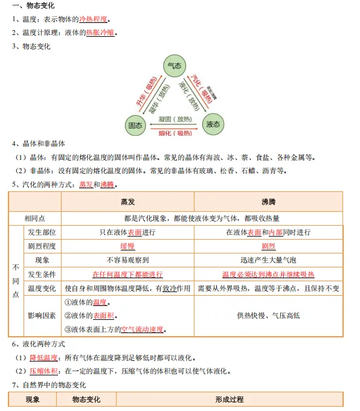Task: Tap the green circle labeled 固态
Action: click(135, 125)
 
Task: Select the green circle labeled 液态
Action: click(213, 125)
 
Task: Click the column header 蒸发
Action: click(127, 202)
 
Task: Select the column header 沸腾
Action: click(268, 202)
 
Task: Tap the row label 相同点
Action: click(34, 218)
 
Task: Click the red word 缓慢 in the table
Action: click(127, 246)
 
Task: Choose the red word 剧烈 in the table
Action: click(268, 246)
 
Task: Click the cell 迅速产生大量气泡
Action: click(268, 260)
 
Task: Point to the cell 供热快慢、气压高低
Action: click(268, 316)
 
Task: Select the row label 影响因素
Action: click(42, 316)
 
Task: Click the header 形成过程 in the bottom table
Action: click(230, 400)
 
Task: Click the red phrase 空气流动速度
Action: click(143, 330)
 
